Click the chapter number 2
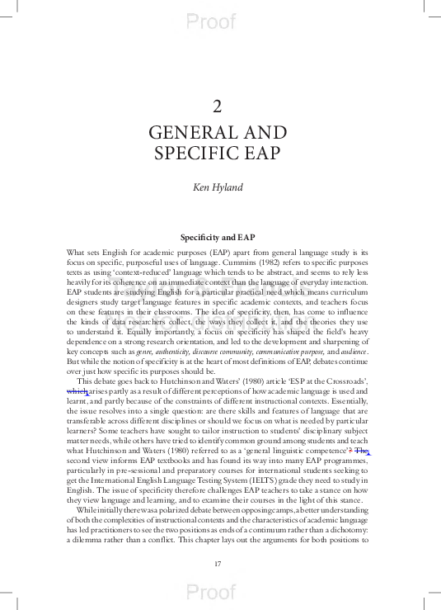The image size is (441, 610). point(218,106)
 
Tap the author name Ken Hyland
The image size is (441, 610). point(218,187)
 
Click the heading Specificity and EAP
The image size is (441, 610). point(218,237)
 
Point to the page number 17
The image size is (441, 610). point(218,564)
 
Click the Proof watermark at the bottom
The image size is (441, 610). point(211,592)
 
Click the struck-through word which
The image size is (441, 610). point(77,390)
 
